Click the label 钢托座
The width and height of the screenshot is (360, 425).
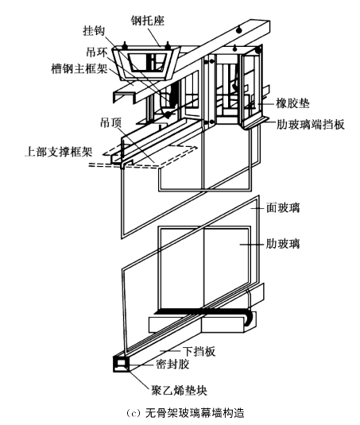point(148,21)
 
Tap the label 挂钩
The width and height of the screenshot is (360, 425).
point(94,31)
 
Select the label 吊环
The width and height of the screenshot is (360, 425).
point(97,52)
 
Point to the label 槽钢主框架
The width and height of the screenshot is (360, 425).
point(79,69)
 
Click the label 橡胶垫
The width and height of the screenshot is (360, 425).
point(292,103)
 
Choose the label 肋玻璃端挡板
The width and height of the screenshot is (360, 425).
point(311,125)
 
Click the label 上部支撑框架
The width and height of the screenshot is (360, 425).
point(59,152)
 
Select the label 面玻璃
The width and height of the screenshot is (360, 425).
point(283,208)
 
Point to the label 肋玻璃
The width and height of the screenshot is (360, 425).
point(283,244)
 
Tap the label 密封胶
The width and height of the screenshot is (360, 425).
point(172,365)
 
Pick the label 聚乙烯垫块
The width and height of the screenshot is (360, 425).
point(179,391)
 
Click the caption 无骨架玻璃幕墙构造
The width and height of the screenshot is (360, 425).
point(195,413)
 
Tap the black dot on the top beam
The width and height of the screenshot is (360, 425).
point(238,30)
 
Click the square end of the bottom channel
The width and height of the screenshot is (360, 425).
point(121,364)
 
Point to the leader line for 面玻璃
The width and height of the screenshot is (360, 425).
point(257,208)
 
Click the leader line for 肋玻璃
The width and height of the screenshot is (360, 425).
point(252,244)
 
